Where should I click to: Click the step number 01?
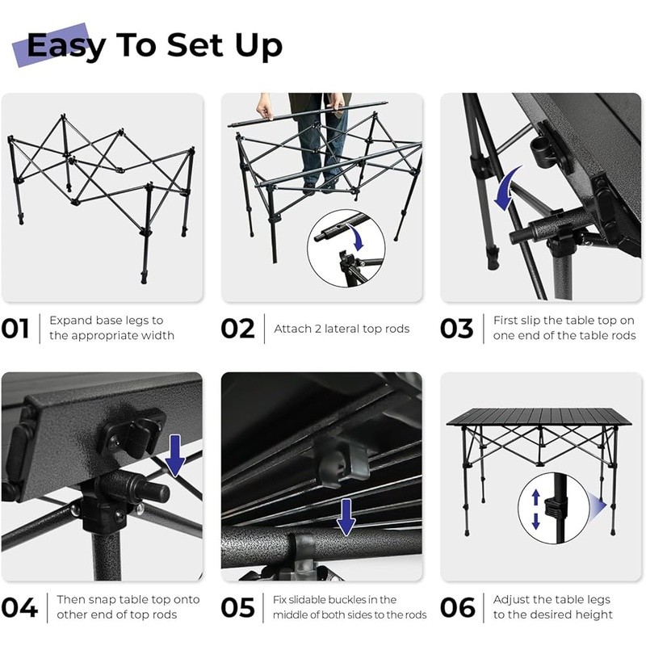coord(15,328)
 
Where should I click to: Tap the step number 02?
coord(237,328)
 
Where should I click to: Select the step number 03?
coord(457,328)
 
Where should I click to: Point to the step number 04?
coord(19,606)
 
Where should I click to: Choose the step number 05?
coord(238,606)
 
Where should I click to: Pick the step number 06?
coord(458,606)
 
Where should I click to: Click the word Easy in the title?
coord(66,45)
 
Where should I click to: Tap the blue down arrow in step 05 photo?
coord(346,517)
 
